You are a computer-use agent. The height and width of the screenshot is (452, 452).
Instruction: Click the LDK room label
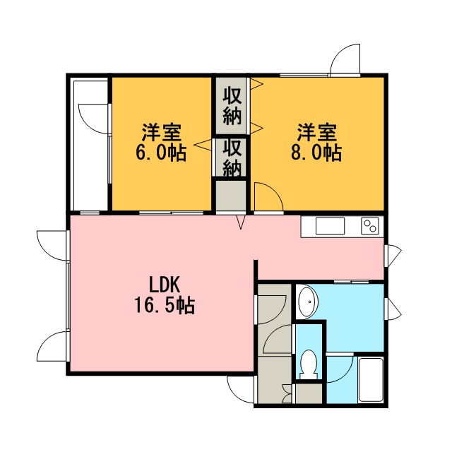pos(165,284)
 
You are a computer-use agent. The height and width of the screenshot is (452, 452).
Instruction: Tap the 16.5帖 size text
pos(165,305)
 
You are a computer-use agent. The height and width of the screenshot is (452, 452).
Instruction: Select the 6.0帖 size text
pos(161,152)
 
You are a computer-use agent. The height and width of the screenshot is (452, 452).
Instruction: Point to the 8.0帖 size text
pos(316,152)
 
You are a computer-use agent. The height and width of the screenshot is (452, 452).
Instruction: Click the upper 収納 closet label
pos(232,106)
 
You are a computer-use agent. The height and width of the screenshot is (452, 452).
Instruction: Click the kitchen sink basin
pos(330,226)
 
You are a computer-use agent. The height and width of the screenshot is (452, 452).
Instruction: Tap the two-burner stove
pos(370,225)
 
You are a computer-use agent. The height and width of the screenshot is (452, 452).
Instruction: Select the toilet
pos(309,364)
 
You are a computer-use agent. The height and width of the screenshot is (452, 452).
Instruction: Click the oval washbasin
pos(308,302)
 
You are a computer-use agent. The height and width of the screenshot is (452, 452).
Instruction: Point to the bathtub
pos(371,379)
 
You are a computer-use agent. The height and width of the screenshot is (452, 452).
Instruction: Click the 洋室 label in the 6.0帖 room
pos(162,132)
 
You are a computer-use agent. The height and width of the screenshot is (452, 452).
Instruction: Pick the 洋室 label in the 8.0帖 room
pos(317,132)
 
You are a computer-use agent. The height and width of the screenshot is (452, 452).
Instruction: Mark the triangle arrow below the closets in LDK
pos(242,222)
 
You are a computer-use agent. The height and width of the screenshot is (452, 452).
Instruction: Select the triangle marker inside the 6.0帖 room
pos(203,145)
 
